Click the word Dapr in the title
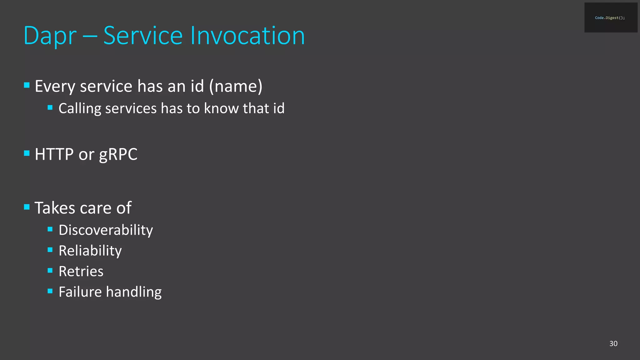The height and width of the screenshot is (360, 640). tap(50, 36)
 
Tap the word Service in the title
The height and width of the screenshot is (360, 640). tap(143, 36)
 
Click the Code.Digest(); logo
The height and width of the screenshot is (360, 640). tap(610, 18)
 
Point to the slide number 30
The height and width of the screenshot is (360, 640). tap(613, 343)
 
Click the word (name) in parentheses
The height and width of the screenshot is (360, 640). tap(236, 86)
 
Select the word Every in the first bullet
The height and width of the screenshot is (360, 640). tap(55, 87)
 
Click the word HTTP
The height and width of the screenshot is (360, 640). tap(54, 154)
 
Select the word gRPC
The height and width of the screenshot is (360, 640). tap(118, 154)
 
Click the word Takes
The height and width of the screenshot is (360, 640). tap(55, 208)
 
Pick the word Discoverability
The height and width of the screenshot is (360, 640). tap(106, 231)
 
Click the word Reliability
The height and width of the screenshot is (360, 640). tap(90, 251)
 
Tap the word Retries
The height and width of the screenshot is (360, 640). tap(81, 271)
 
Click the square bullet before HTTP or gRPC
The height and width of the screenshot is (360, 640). tap(27, 153)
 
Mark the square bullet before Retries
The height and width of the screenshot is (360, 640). tap(50, 270)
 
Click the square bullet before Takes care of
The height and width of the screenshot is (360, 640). tap(27, 207)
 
